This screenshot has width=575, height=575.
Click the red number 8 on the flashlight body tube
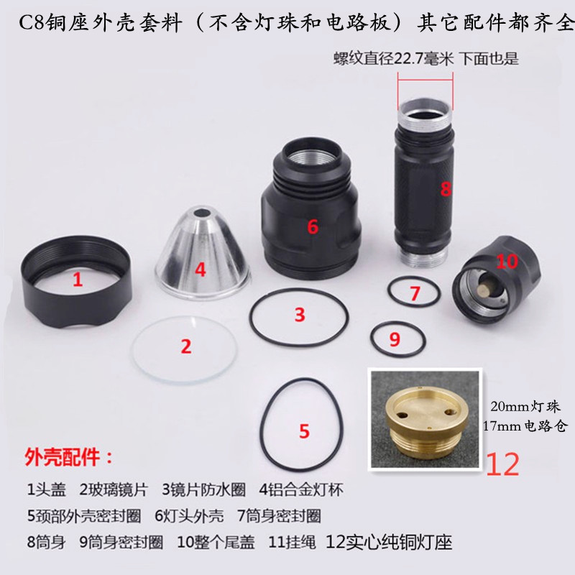click(446, 189)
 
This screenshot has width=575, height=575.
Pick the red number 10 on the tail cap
click(506, 261)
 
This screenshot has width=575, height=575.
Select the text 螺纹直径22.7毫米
click(394, 60)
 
